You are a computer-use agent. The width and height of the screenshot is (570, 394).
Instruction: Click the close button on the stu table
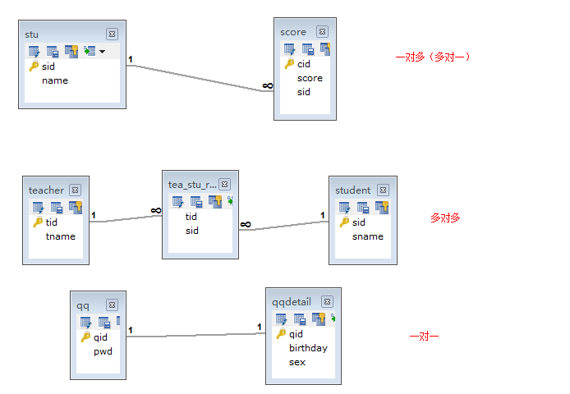[x=112, y=34]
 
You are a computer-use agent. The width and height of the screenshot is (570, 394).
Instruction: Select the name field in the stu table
[x=55, y=80]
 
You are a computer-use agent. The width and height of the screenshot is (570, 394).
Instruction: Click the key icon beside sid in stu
[x=34, y=66]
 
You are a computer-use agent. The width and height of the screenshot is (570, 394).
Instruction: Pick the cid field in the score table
[x=304, y=63]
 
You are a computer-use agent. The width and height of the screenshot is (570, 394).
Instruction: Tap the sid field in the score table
[x=304, y=92]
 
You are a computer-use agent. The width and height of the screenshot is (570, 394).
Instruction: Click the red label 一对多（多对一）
[x=433, y=57]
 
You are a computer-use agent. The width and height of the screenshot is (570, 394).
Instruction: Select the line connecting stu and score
[x=197, y=78]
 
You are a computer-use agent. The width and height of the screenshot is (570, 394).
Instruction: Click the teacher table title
[x=46, y=190]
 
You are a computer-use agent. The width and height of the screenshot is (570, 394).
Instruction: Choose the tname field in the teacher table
[x=60, y=236]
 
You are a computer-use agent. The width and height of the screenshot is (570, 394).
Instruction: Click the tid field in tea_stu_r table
[x=191, y=217]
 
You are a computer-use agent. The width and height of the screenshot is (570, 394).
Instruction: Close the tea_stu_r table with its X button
[x=224, y=185]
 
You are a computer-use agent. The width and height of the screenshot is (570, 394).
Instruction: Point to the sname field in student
[x=368, y=236]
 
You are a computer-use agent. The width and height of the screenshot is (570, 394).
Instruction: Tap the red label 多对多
[x=445, y=218]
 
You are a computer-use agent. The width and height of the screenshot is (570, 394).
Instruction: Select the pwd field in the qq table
[x=103, y=351]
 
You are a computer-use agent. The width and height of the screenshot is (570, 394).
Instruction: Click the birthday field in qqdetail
[x=308, y=348]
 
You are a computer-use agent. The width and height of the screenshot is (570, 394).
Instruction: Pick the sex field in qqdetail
[x=297, y=362]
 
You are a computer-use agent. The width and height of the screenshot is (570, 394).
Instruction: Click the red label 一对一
[x=424, y=337]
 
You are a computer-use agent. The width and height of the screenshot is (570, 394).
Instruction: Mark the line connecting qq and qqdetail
[x=197, y=335]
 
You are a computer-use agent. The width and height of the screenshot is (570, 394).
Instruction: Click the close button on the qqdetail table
[x=328, y=301]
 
